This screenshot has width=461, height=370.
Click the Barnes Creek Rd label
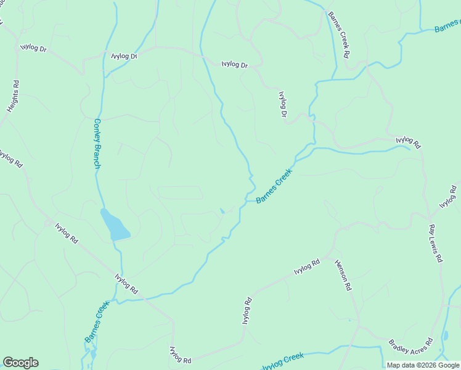click(x=339, y=35)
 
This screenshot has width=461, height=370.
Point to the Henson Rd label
click(x=343, y=274)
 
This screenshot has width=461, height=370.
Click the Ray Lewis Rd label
click(x=436, y=243)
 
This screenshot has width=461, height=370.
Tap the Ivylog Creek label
click(x=283, y=361)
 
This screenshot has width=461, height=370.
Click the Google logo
click(x=20, y=363)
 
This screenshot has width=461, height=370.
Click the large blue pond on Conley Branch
click(x=115, y=224)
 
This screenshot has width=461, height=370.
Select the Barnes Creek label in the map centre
click(x=273, y=187)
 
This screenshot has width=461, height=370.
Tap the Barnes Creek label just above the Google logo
click(x=97, y=321)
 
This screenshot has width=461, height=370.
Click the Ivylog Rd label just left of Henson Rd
click(x=306, y=267)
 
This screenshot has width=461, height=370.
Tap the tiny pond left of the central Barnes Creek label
click(x=222, y=211)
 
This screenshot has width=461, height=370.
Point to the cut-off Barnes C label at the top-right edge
click(x=447, y=27)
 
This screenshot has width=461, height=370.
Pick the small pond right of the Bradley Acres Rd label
click(x=445, y=337)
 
